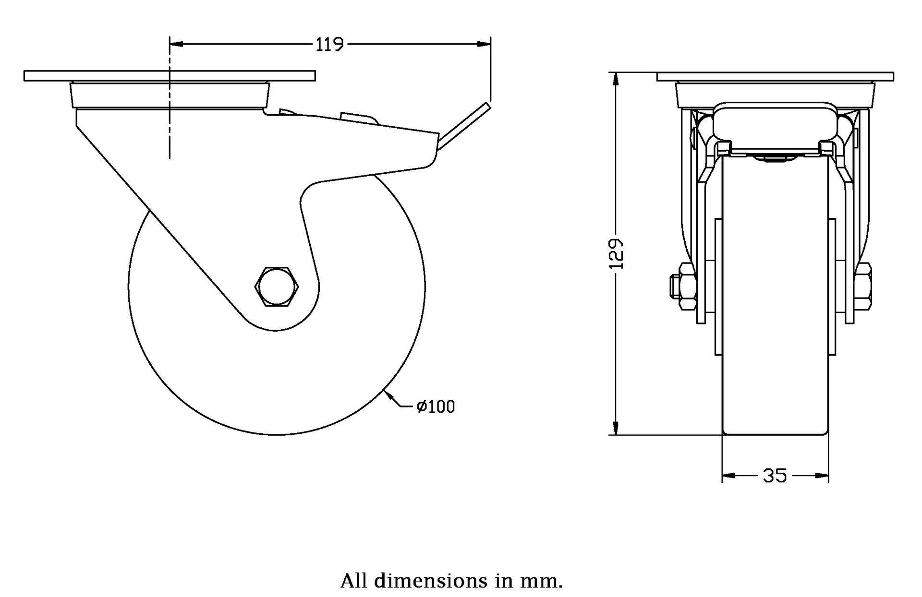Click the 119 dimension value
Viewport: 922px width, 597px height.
[x=329, y=45]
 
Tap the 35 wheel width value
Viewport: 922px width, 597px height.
[x=775, y=476]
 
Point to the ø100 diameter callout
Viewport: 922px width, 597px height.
[x=436, y=407]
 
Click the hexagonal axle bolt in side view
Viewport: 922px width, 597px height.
[x=277, y=286]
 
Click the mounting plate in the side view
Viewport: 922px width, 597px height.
[x=169, y=76]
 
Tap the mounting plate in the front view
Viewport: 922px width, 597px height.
[x=775, y=76]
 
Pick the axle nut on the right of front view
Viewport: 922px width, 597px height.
[x=864, y=287]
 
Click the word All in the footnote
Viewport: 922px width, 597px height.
[x=354, y=581]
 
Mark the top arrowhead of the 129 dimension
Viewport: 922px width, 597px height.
[x=615, y=79]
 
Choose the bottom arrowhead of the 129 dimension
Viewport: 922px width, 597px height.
[x=615, y=428]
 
